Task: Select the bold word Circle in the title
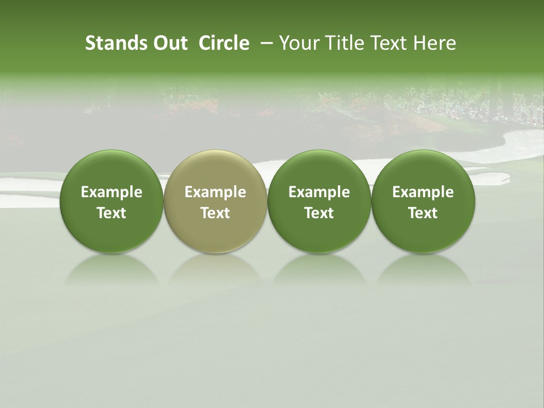[x=224, y=43]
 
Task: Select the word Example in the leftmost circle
[x=112, y=192]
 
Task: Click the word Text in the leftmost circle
[x=112, y=213]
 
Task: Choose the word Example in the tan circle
[x=215, y=192]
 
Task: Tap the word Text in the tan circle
[x=215, y=213]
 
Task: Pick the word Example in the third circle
[x=319, y=192]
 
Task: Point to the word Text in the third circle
[x=319, y=213]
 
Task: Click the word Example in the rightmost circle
[x=423, y=192]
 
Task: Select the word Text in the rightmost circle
[x=423, y=213]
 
